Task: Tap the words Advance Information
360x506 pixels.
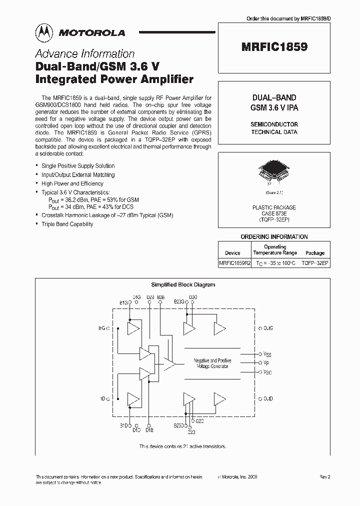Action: coord(84,54)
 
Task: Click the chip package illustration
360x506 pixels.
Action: coord(273,172)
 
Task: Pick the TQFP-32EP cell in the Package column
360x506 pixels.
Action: coord(315,262)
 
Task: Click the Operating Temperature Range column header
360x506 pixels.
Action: coord(275,249)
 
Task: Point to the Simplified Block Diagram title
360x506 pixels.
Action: coord(183,284)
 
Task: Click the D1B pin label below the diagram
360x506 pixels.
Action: coord(149,429)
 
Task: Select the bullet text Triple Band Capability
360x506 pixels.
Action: coord(67,224)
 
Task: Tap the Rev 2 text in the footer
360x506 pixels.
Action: coord(325,477)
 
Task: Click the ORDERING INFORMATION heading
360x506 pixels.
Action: coord(274,236)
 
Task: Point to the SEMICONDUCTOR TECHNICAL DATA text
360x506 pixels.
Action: coord(274,128)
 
